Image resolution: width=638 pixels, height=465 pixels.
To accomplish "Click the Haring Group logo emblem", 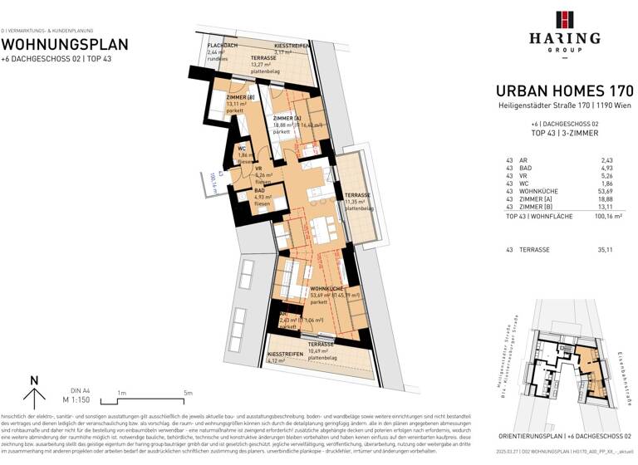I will coord(564,19).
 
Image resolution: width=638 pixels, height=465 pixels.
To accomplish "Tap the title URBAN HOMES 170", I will coord(564,91).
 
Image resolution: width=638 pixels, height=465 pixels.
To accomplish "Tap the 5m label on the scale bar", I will coord(189,393).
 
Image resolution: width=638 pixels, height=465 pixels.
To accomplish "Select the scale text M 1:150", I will coord(79,399).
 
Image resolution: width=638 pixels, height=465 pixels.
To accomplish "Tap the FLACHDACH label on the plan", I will coord(223,45).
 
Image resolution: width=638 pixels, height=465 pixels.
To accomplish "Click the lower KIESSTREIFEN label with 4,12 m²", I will coord(285,355).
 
